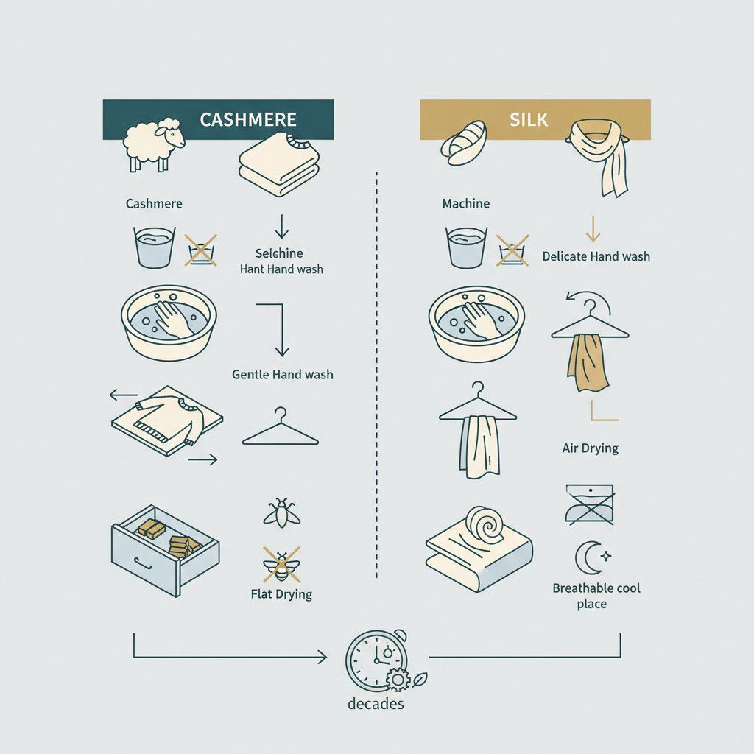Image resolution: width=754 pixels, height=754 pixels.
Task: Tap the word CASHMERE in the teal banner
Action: tap(248, 120)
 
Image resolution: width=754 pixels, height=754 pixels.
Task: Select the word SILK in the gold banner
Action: tap(529, 120)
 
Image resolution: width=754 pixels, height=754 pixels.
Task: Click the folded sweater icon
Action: tap(279, 164)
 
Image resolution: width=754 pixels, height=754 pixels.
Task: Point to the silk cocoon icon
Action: tap(464, 144)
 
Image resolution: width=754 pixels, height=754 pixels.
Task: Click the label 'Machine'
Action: tap(466, 204)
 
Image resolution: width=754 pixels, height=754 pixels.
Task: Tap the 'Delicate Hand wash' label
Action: tap(596, 256)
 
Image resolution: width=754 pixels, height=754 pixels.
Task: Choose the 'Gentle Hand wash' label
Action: tap(282, 375)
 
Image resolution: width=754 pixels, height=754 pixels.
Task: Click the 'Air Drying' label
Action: tap(591, 448)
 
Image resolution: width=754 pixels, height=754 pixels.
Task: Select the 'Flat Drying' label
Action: tap(281, 594)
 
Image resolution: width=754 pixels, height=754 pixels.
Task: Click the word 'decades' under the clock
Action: tap(376, 704)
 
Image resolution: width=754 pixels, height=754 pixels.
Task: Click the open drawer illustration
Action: tap(166, 550)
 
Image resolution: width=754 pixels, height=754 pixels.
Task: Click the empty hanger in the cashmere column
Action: tap(281, 426)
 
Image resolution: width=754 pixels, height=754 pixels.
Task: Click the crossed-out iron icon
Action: tap(590, 504)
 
